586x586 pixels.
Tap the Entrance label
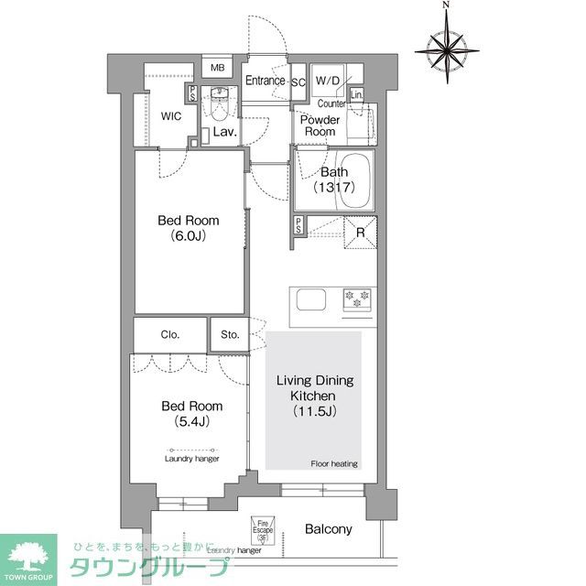pyautogui.click(x=266, y=81)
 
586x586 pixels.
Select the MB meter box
pyautogui.click(x=218, y=68)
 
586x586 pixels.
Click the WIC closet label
pyautogui.click(x=171, y=117)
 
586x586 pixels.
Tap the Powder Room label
pyautogui.click(x=320, y=125)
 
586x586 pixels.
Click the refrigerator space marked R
pyautogui.click(x=360, y=233)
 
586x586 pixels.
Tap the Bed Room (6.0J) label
pyautogui.click(x=189, y=227)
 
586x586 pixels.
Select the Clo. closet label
pyautogui.click(x=170, y=334)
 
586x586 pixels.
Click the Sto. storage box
pyautogui.click(x=229, y=334)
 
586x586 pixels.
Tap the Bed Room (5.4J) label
pyautogui.click(x=192, y=413)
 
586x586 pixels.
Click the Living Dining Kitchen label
pyautogui.click(x=315, y=396)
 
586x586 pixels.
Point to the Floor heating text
pyautogui.click(x=334, y=463)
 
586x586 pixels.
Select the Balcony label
pyautogui.click(x=328, y=529)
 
